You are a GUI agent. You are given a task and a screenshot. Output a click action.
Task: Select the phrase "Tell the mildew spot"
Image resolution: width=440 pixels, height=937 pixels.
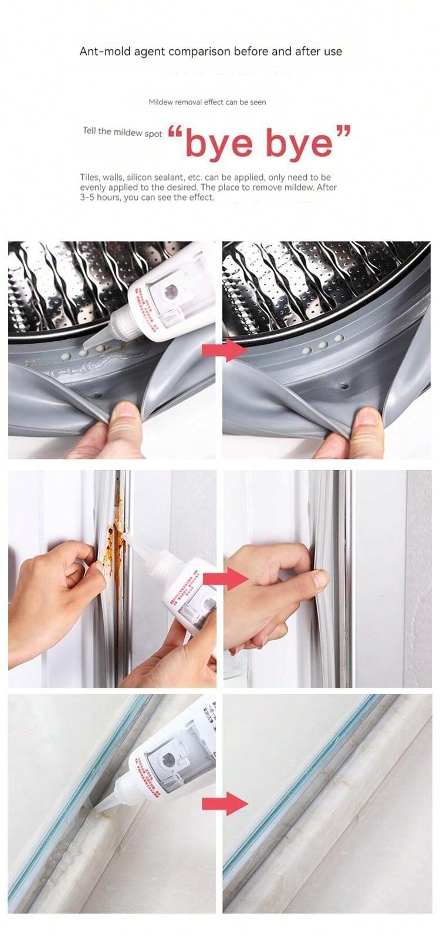click(x=122, y=132)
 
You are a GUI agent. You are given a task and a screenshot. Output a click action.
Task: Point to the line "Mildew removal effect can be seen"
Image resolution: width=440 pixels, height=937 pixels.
click(x=207, y=102)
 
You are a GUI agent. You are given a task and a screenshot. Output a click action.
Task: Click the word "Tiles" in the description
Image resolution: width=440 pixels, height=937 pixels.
click(x=90, y=177)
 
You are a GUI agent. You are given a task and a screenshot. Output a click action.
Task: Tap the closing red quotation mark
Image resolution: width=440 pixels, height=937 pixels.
click(x=343, y=131)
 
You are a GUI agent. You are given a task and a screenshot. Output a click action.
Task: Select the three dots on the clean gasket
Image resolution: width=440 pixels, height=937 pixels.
click(x=322, y=347)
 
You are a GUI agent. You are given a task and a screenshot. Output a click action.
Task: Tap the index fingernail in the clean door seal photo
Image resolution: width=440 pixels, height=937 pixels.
click(x=320, y=579)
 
